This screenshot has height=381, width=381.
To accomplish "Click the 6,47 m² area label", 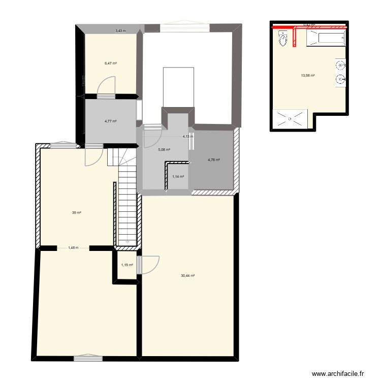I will click(x=111, y=63).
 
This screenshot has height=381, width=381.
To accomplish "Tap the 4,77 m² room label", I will click(x=111, y=121).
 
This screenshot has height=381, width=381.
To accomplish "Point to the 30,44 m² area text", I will click(x=188, y=276).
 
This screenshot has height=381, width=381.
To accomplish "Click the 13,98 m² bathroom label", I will click(x=308, y=76).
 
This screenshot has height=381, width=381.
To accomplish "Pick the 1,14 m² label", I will click(x=178, y=177).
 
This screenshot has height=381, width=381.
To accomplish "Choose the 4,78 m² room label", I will click(x=214, y=160).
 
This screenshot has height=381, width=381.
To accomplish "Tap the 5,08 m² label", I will click(x=164, y=150).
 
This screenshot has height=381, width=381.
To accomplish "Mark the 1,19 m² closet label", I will click(x=126, y=265).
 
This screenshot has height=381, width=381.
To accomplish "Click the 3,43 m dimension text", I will click(x=120, y=31).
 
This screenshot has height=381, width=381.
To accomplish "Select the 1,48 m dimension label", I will click(x=73, y=248).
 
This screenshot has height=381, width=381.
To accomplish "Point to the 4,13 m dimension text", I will click(x=188, y=137).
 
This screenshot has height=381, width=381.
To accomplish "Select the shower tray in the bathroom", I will click(x=290, y=118).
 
